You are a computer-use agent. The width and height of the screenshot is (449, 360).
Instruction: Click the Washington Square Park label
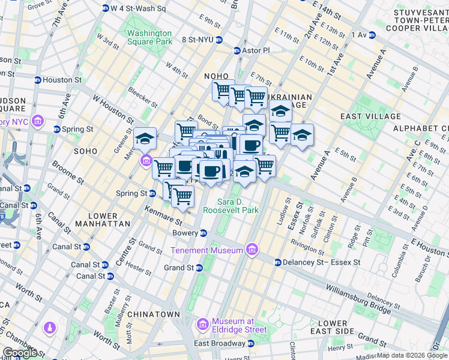[149, 37]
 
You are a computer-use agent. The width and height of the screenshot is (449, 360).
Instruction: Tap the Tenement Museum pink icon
[252, 250]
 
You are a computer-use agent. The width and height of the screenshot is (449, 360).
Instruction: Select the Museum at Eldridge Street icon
[203, 325]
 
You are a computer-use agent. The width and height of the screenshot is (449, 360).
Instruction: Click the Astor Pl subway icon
[237, 51]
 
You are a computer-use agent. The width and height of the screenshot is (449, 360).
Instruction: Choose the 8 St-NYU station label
[193, 40]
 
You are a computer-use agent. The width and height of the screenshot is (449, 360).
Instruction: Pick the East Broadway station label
[219, 343]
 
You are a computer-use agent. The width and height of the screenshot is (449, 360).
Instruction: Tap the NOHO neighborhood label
[217, 76]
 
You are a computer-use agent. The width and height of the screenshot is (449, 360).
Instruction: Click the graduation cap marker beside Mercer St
[145, 139]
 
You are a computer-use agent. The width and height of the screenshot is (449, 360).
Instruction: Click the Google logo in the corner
[20, 353]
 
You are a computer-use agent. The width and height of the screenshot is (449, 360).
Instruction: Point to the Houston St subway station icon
[38, 80]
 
